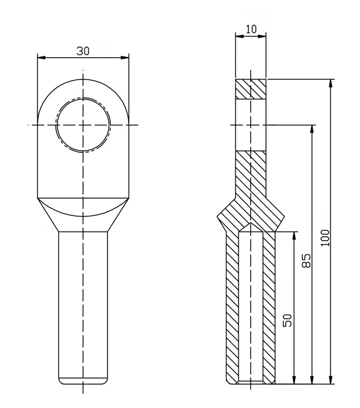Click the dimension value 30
pos(83,51)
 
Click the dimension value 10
pos(251,29)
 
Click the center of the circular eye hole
pos(83,125)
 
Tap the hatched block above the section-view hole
pos(251,89)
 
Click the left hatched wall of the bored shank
pos(232,307)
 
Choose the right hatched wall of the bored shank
pos(270,307)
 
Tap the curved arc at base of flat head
pos(83,212)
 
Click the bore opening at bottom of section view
pos(251,383)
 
